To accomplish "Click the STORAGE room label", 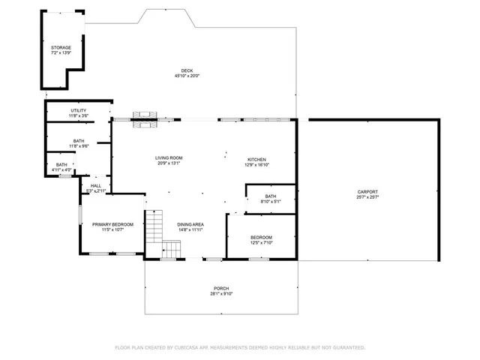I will tap(61, 47).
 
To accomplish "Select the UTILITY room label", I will tap(79, 110).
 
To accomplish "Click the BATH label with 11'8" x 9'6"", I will tap(79, 140).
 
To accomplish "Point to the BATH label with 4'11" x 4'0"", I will tap(61, 164).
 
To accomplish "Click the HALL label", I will tap(96, 185).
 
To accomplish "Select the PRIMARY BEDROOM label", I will tap(112, 224).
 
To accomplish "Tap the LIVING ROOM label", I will tap(169, 157).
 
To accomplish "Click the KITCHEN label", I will tap(257, 159).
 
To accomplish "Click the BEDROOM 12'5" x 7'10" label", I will tap(266, 237).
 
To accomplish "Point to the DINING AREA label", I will tap(190, 224).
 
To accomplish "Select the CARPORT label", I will tap(367, 192).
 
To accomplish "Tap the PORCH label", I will tap(221, 289).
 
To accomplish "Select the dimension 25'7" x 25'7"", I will tap(367, 197).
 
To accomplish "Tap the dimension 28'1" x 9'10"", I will tap(221, 294).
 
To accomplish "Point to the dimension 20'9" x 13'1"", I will tap(169, 163).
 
